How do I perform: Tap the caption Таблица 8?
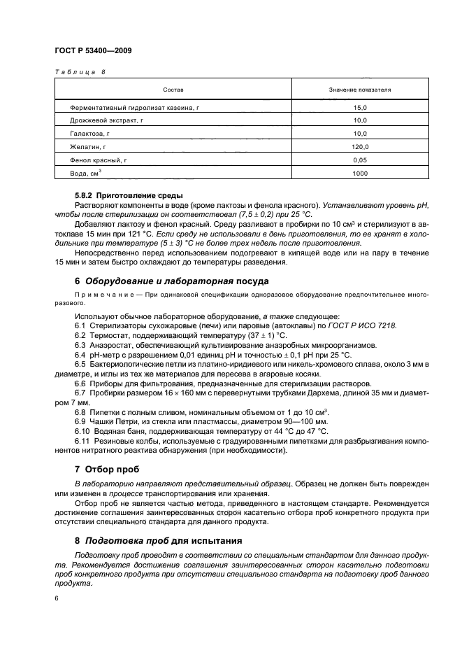79,72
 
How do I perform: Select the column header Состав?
173,90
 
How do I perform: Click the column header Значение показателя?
359,90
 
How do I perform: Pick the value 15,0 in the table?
359,107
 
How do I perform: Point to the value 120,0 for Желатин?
359,147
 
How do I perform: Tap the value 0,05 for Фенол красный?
359,160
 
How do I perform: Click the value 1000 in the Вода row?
359,174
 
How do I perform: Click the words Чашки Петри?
112,420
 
